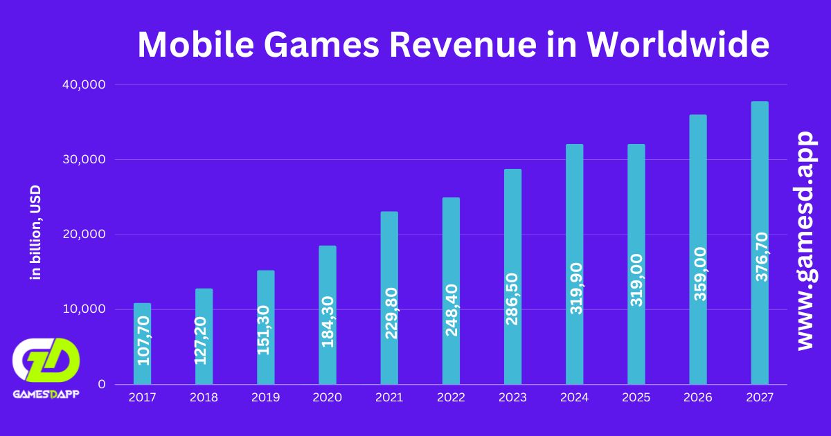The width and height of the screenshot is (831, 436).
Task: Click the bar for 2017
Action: pyautogui.click(x=142, y=343)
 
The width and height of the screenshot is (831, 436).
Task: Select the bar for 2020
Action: pyautogui.click(x=327, y=315)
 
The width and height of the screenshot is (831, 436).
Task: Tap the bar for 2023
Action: pyautogui.click(x=512, y=276)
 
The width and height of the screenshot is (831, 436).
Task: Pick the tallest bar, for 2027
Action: pyautogui.click(x=760, y=242)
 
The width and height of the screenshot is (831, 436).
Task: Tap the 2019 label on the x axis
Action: pyautogui.click(x=265, y=397)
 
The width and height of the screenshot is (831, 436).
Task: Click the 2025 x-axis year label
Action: pyautogui.click(x=636, y=397)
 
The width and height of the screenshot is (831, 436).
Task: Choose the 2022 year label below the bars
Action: pyautogui.click(x=451, y=397)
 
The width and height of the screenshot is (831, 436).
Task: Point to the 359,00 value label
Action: pyautogui.click(x=698, y=274)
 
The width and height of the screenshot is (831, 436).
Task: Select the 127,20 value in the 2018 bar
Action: pyautogui.click(x=204, y=340)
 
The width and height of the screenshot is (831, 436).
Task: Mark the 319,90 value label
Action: pyautogui.click(x=575, y=287)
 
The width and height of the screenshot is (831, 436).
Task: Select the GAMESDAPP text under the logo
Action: pyautogui.click(x=46, y=394)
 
